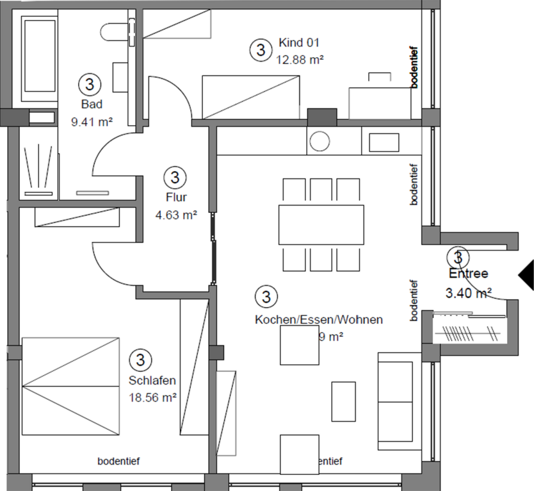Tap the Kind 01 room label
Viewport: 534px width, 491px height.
[298, 44]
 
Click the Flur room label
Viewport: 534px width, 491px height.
[175, 197]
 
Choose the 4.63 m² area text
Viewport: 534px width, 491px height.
[175, 215]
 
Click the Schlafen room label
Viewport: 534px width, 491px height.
[152, 380]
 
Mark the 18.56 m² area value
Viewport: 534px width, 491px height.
[152, 397]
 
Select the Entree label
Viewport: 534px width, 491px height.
[468, 274]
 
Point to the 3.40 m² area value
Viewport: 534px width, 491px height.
[468, 293]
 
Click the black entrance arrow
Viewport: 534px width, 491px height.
[526, 274]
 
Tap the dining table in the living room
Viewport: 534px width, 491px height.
[321, 224]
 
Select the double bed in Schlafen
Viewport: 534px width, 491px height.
[70, 386]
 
